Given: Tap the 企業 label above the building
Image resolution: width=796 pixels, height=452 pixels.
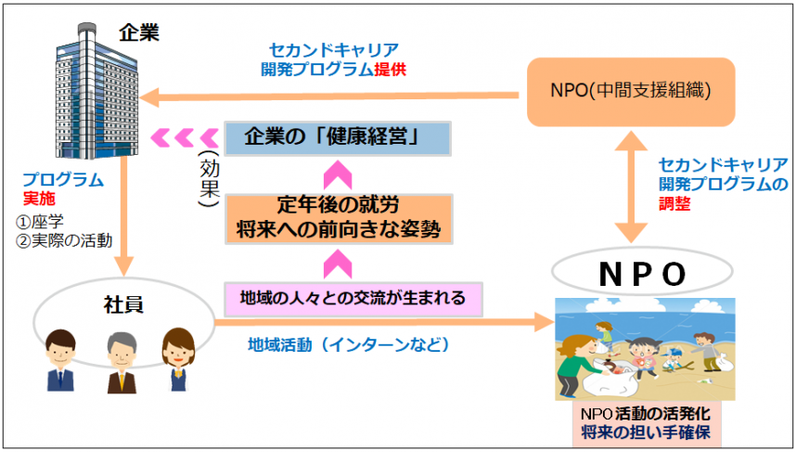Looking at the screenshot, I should click(139, 32).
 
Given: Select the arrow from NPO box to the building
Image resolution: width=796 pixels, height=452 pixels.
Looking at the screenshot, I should click(334, 96).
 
